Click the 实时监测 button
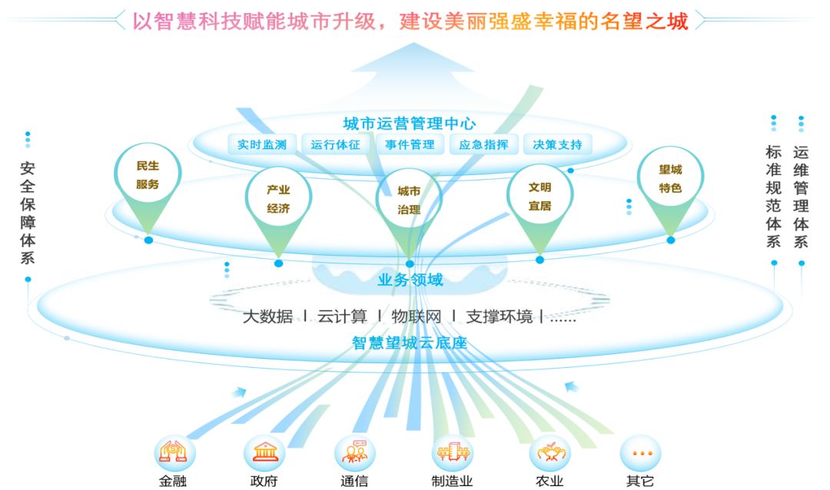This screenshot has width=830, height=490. pos(262,144)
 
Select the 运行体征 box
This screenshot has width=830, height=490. pos(336,144)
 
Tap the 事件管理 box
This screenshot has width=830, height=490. pos(410,144)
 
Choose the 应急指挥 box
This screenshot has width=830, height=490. pos(483,144)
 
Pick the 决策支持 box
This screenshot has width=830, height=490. pos(557,144)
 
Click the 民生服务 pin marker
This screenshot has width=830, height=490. pos(148,176)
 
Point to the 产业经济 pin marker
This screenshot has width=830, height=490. pos(278,199)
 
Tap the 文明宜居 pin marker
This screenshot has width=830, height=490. pos(539,196)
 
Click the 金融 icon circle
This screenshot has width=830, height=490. pos(174,452)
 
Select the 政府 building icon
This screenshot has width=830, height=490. pos(264,452)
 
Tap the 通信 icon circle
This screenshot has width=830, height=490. pos(354,452)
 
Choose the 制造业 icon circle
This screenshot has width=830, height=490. pos(452,452)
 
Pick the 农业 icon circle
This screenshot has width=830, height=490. pos(549,452)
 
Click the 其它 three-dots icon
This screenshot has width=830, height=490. pos(639,452)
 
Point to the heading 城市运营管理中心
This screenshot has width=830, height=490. pos(410,123)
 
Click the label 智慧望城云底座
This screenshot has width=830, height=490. pos(410,343)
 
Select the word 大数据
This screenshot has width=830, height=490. pos(267,316)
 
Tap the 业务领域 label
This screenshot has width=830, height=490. pos(410,280)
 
